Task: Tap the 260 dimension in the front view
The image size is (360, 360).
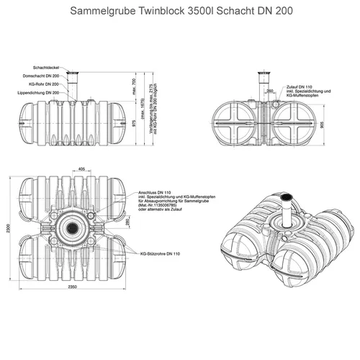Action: pos(269,92)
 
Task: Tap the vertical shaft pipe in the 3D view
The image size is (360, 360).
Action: pos(286,216)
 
